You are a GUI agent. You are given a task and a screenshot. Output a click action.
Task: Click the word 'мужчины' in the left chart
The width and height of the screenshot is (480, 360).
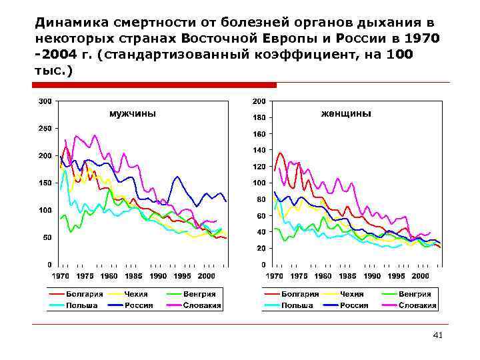(x=133, y=114)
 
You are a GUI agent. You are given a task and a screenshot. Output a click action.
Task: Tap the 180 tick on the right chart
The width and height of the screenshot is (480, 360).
(x=259, y=117)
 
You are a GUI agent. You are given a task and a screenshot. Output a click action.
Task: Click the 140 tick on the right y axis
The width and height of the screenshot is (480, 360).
(x=259, y=150)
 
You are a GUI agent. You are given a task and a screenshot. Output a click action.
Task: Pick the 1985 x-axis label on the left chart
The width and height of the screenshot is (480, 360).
(x=133, y=275)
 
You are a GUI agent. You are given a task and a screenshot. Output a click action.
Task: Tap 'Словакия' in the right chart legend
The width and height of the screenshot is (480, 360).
(x=417, y=305)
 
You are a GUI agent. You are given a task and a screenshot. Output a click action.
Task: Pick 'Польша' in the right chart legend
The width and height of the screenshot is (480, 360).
(x=297, y=305)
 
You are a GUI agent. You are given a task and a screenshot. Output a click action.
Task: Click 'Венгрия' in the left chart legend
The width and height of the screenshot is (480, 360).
(x=199, y=294)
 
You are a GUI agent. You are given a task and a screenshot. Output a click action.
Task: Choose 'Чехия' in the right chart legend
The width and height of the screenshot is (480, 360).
(x=352, y=294)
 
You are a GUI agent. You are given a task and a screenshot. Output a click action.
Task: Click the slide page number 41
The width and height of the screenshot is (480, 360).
(x=437, y=335)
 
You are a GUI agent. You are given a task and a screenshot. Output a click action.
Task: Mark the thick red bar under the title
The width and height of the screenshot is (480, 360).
(x=155, y=85)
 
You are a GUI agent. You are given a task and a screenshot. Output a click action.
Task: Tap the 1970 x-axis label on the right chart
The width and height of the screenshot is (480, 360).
(x=275, y=275)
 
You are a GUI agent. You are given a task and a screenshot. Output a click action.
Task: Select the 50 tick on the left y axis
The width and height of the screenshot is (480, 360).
(x=47, y=237)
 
